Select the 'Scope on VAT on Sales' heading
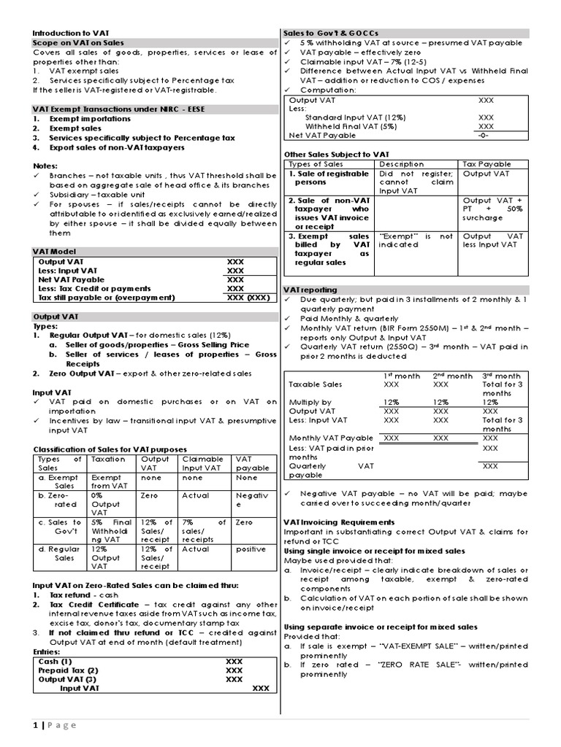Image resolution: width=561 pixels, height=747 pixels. coord(78,43)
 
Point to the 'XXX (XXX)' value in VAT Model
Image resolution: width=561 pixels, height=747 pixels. coord(249,298)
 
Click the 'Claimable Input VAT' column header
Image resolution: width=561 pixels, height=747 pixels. coord(203,463)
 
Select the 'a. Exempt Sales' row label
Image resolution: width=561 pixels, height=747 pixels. coord(59,481)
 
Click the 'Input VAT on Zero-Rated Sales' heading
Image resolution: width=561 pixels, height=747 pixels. coord(135,585)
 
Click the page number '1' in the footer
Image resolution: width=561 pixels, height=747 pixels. coord(35,724)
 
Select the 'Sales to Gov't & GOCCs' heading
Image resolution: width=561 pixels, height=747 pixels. coord(336,34)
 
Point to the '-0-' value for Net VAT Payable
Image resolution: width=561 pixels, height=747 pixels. coord(482,135)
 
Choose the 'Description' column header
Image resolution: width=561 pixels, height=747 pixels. coord(401,164)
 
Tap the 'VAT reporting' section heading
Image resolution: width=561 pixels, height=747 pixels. coord(310,290)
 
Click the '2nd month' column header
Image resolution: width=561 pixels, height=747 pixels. coord(452,376)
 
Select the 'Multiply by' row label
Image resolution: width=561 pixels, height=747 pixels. coord(310,402)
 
